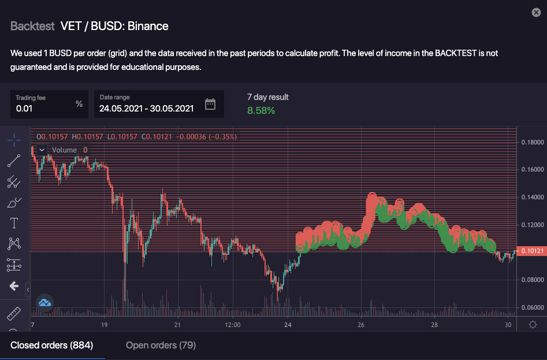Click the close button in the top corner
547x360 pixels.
[536, 12]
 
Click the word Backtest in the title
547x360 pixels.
[32, 26]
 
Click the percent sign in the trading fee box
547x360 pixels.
[79, 104]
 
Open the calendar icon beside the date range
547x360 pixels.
[210, 104]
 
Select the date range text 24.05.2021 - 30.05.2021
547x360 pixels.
[146, 108]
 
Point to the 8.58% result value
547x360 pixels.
[261, 110]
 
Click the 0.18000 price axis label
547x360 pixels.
[532, 142]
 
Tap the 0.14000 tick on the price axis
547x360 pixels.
[532, 197]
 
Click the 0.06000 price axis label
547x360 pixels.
[532, 307]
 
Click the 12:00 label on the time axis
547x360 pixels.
[232, 325]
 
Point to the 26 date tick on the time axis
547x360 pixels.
[361, 325]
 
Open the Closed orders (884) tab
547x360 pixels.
[52, 346]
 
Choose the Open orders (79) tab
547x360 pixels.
[161, 346]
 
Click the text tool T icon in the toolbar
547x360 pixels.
[14, 223]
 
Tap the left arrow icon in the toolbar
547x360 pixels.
[14, 286]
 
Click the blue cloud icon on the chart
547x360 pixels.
[45, 302]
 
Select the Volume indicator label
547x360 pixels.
[64, 150]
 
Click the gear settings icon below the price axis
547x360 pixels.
[532, 325]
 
